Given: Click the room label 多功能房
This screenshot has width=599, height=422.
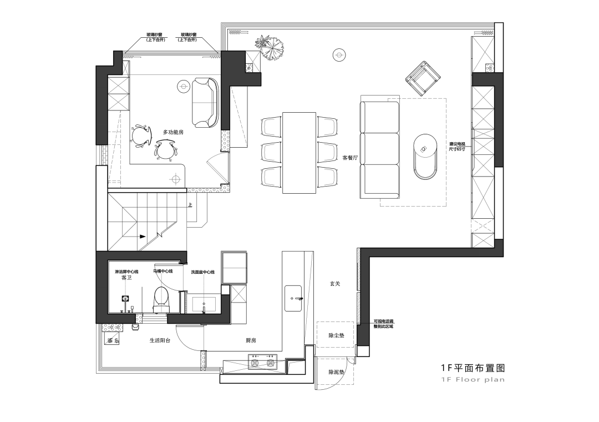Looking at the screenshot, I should tap(173, 132).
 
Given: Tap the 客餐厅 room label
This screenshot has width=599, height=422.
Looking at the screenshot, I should tap(351, 158).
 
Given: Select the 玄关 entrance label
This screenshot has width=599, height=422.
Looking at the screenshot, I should tap(334, 284).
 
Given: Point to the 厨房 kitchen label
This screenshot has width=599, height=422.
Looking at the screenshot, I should tap(251, 340).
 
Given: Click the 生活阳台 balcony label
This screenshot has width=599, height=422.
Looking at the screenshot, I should tap(160, 340).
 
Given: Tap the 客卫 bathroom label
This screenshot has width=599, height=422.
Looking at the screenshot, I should tap(126, 278).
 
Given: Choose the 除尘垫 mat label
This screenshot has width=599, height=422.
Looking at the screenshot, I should tap(336, 336).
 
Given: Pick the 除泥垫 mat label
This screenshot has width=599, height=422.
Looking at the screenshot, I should tap(336, 372).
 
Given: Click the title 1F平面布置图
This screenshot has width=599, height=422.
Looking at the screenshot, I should tap(473, 368).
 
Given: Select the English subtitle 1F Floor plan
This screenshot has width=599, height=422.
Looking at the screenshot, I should tap(473, 380).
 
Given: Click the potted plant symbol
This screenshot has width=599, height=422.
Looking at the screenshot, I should tap(270, 48).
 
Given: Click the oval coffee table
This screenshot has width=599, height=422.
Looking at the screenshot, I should tap(426, 156).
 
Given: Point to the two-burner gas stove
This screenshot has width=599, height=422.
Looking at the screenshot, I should tap(262, 364).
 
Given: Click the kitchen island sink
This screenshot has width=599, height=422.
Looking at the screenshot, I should tap(293, 299).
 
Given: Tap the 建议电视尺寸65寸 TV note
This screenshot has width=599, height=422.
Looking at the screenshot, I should tap(458, 147).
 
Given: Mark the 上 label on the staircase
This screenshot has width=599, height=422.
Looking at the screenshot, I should tap(190, 205).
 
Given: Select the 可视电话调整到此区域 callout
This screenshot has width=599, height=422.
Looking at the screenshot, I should tap(383, 324).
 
